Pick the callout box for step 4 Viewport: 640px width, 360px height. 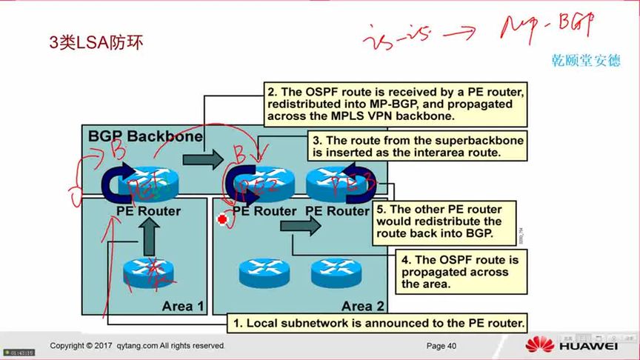[x=460, y=271]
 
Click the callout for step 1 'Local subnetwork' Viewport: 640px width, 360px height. [x=378, y=323]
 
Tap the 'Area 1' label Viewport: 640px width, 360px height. [x=183, y=306]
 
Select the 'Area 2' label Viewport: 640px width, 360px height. [x=362, y=306]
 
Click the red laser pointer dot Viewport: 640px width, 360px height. [x=221, y=219]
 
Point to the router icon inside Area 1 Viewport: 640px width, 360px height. [x=148, y=270]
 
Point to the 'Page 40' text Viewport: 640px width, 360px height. [x=441, y=346]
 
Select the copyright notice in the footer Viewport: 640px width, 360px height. [x=137, y=346]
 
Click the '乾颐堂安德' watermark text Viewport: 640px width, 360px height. [x=586, y=61]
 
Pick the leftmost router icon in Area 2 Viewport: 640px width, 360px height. [x=262, y=272]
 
